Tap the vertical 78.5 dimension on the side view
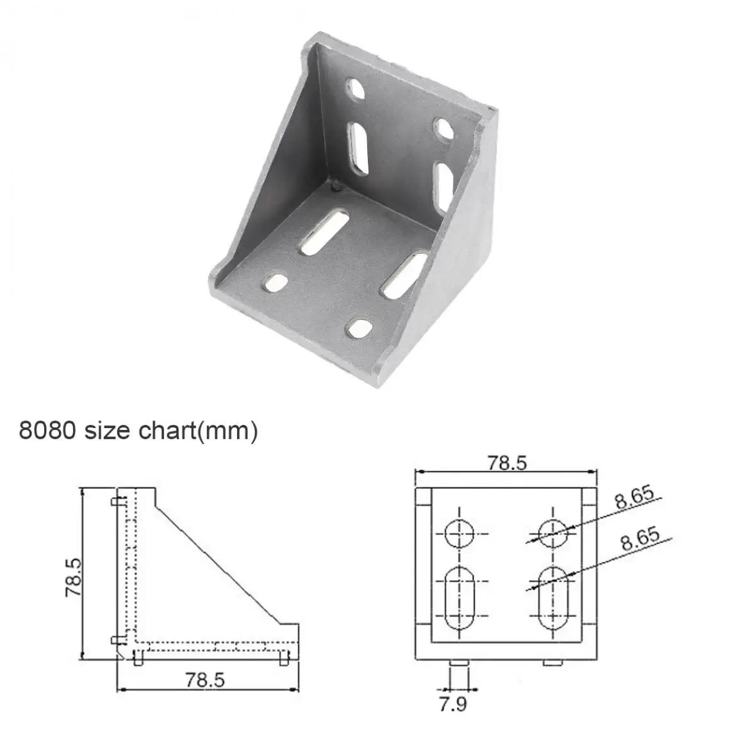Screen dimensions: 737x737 74,577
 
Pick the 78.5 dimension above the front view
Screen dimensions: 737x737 506,463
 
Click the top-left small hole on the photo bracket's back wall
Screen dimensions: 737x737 355,88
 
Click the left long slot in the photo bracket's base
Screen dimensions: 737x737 324,233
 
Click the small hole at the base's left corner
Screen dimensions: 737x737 277,283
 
